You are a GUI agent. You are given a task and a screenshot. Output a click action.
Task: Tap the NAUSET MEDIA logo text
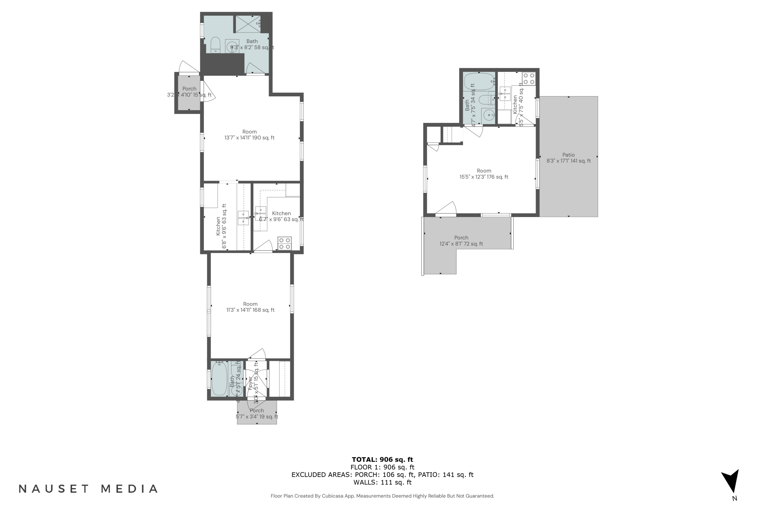pyautogui.click(x=88, y=489)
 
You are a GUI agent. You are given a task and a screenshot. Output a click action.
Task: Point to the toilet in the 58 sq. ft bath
pyautogui.click(x=215, y=45)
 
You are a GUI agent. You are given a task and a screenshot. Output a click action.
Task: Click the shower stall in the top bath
pyautogui.click(x=248, y=24)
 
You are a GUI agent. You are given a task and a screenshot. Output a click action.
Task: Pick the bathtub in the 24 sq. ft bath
pyautogui.click(x=219, y=379)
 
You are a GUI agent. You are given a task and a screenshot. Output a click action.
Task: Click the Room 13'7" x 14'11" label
pyautogui.click(x=249, y=135)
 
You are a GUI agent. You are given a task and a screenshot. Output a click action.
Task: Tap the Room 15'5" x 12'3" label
pyautogui.click(x=484, y=174)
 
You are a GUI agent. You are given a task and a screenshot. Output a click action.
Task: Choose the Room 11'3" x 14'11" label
pyautogui.click(x=250, y=307)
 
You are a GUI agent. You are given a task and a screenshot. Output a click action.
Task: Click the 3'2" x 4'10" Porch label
pyautogui.click(x=189, y=92)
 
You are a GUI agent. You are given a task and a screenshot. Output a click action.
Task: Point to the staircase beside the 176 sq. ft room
pyautogui.click(x=452, y=134)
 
